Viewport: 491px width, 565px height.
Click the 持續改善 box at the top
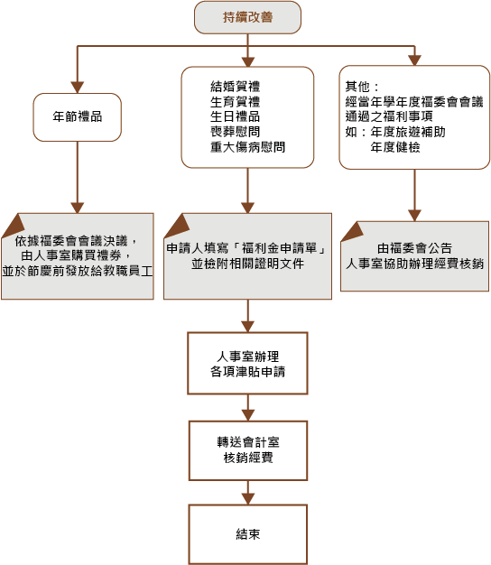[247, 17]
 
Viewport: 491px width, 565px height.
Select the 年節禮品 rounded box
[77, 117]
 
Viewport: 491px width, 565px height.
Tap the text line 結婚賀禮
[235, 87]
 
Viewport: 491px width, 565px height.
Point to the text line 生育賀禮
[235, 102]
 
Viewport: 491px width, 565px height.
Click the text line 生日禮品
[235, 116]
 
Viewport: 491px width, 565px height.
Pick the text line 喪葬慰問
[235, 132]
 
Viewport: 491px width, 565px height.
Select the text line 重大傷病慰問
[247, 147]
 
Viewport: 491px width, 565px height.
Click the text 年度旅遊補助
[408, 132]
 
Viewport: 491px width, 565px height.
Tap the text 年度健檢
[395, 147]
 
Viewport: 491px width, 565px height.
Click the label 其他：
[362, 87]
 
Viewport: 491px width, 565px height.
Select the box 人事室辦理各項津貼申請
[247, 363]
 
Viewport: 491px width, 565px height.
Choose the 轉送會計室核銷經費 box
[248, 450]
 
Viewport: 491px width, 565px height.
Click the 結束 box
[248, 534]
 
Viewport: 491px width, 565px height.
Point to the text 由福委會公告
[414, 248]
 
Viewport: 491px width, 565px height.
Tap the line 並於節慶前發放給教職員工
[78, 271]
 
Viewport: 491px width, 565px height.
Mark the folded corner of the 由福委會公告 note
[352, 231]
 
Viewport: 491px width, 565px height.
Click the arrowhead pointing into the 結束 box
[248, 499]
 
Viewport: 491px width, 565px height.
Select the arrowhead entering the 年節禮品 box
[77, 88]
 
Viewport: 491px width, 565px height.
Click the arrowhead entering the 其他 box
[414, 60]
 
